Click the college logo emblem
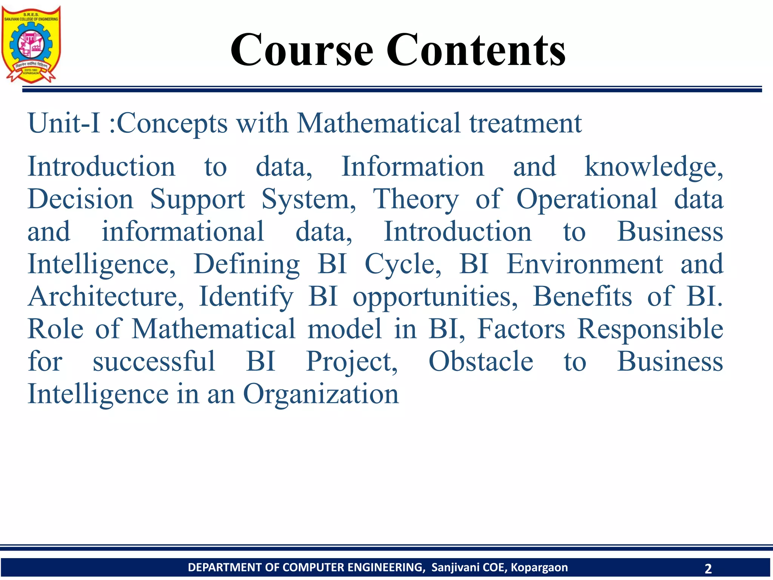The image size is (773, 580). [31, 44]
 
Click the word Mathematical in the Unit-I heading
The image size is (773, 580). [379, 123]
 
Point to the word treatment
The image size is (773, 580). [525, 123]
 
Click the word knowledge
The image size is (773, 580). [653, 167]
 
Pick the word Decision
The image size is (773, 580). [80, 199]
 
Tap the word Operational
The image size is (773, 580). [587, 199]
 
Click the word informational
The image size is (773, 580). [183, 231]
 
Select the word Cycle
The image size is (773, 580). [402, 264]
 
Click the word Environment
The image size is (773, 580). [584, 264]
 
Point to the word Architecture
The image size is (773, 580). [106, 296]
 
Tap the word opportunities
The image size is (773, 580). [435, 296]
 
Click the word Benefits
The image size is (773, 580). [582, 296]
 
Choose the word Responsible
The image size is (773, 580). [650, 329]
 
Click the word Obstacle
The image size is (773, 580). [480, 361]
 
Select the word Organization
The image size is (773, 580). [320, 394]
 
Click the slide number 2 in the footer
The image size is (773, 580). [708, 568]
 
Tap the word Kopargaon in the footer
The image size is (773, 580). [539, 567]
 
